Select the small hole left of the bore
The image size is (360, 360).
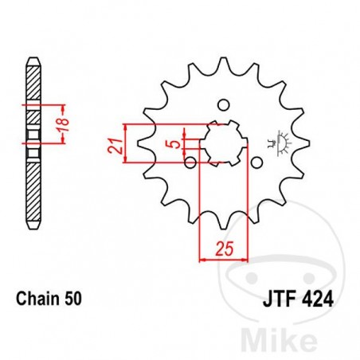pyautogui.click(x=190, y=162)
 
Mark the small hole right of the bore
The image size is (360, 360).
pyautogui.click(x=257, y=162)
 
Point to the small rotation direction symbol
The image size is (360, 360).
pyautogui.click(x=280, y=143)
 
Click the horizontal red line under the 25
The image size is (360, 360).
pyautogui.click(x=223, y=258)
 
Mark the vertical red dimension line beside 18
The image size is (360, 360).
pyautogui.click(x=62, y=123)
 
